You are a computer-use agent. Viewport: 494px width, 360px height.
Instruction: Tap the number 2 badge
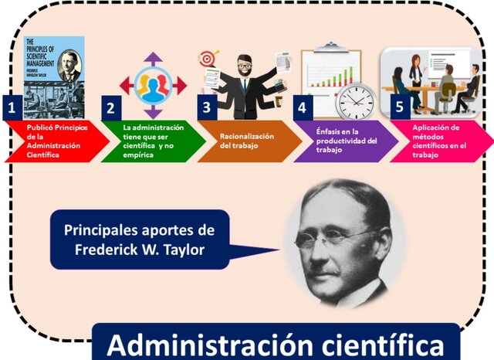pos(110,107)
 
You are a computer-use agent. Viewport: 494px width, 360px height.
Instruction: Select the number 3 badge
pos(206,107)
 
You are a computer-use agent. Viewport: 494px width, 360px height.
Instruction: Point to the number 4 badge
pos(303,107)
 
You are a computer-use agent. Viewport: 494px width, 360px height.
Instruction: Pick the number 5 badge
pos(398,107)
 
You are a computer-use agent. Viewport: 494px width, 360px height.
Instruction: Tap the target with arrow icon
pos(208,59)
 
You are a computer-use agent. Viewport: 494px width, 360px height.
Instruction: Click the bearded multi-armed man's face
pos(245,66)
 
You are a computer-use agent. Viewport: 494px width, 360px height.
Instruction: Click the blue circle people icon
pos(154,85)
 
